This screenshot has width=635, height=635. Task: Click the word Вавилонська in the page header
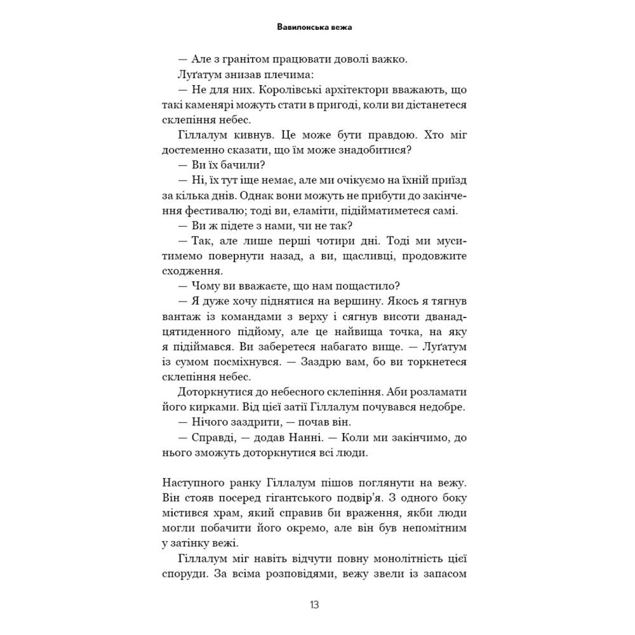click(297, 28)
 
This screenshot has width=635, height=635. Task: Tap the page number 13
click(315, 604)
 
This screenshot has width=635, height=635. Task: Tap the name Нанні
click(300, 437)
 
